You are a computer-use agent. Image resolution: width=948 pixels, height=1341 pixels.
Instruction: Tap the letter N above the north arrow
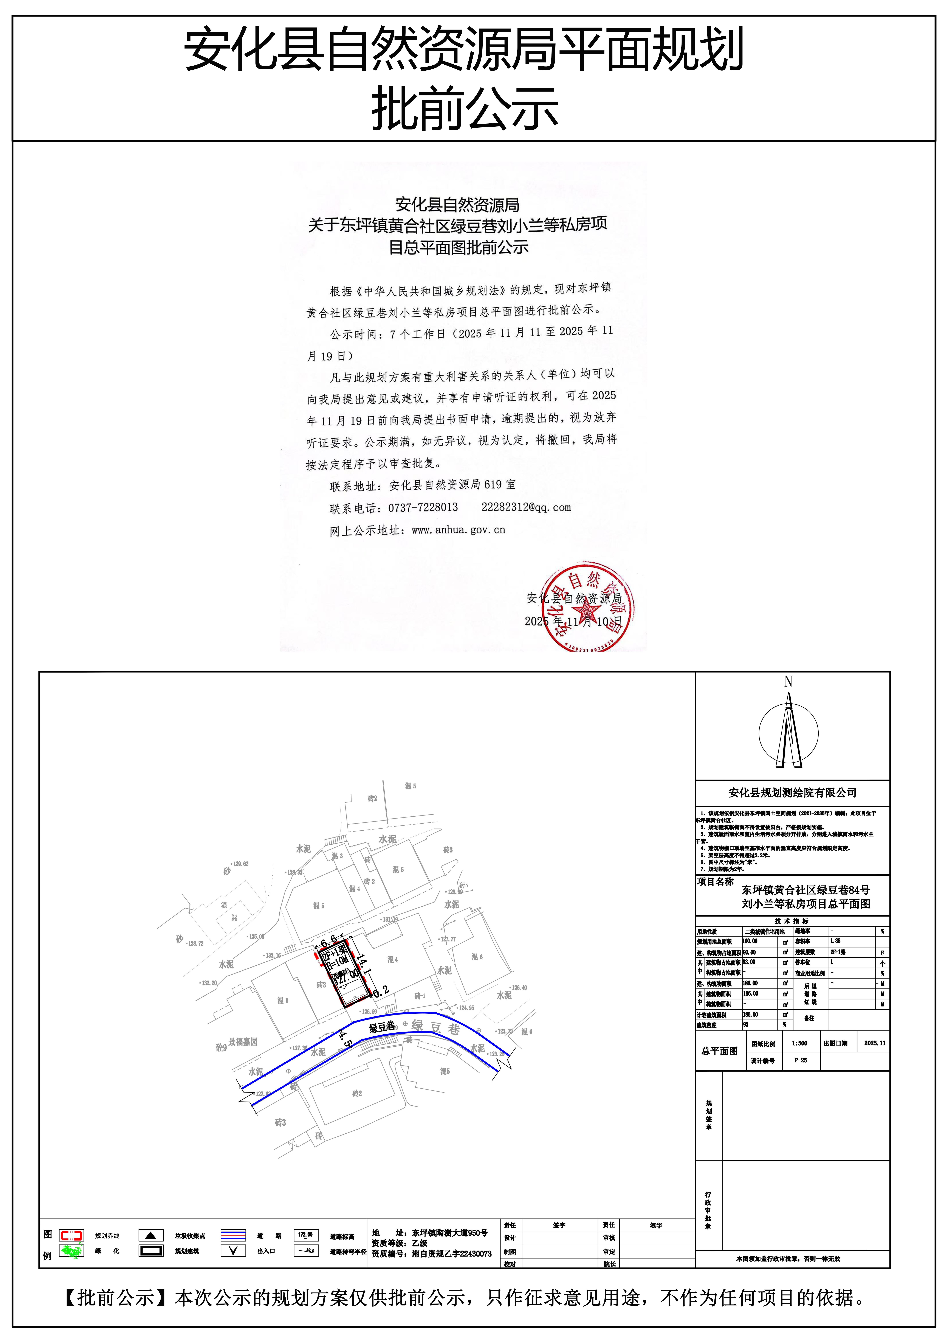[788, 682]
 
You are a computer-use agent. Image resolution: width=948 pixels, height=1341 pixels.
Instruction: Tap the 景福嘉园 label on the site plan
[243, 1041]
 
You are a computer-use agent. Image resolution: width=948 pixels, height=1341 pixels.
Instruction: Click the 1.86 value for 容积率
[836, 941]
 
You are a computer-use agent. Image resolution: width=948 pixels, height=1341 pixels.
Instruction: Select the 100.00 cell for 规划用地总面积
[750, 941]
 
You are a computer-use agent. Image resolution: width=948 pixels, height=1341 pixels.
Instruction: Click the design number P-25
[800, 1060]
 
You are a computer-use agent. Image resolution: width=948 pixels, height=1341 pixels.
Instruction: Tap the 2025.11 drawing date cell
[874, 1043]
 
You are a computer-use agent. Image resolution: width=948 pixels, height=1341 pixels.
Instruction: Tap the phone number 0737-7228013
[423, 508]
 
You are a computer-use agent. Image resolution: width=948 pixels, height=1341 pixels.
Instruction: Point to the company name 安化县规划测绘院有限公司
[792, 792]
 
